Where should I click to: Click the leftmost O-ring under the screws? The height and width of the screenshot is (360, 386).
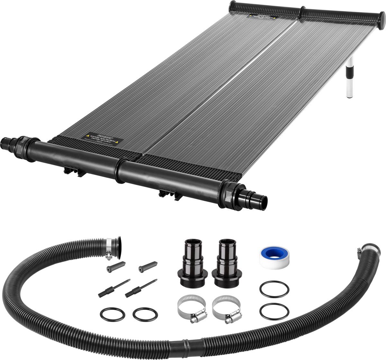click(x=111, y=314)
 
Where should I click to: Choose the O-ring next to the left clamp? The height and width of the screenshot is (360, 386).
click(x=145, y=314)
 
